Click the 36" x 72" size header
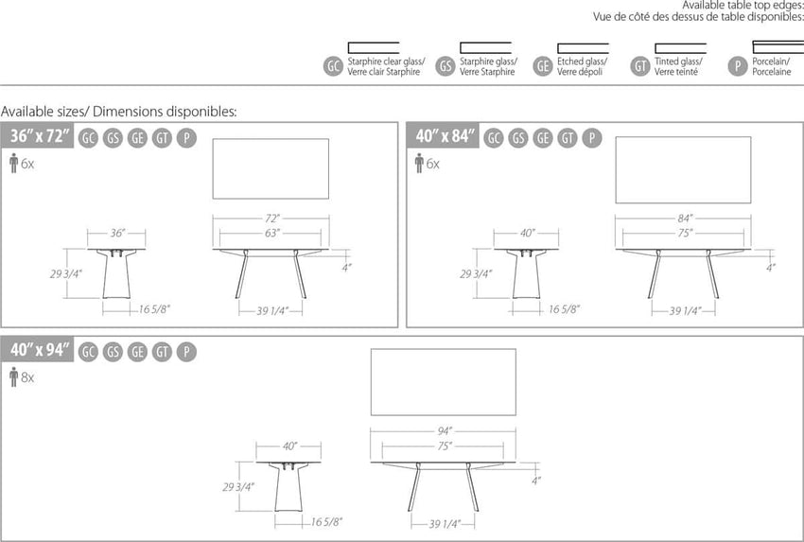click(40, 136)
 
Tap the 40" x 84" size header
click(446, 136)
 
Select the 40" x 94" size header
click(40, 350)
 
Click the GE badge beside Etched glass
click(543, 66)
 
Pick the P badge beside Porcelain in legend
click(738, 66)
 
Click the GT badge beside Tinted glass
click(640, 66)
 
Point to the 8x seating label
click(27, 378)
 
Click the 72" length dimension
click(272, 219)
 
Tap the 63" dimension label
click(272, 234)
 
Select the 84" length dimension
click(685, 219)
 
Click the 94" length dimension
click(444, 431)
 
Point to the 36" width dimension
click(117, 234)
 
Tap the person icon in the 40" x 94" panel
click(14, 376)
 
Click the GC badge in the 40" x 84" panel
click(493, 138)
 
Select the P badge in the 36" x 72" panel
click(186, 138)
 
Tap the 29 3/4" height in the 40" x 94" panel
click(238, 486)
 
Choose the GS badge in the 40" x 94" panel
click(113, 352)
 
